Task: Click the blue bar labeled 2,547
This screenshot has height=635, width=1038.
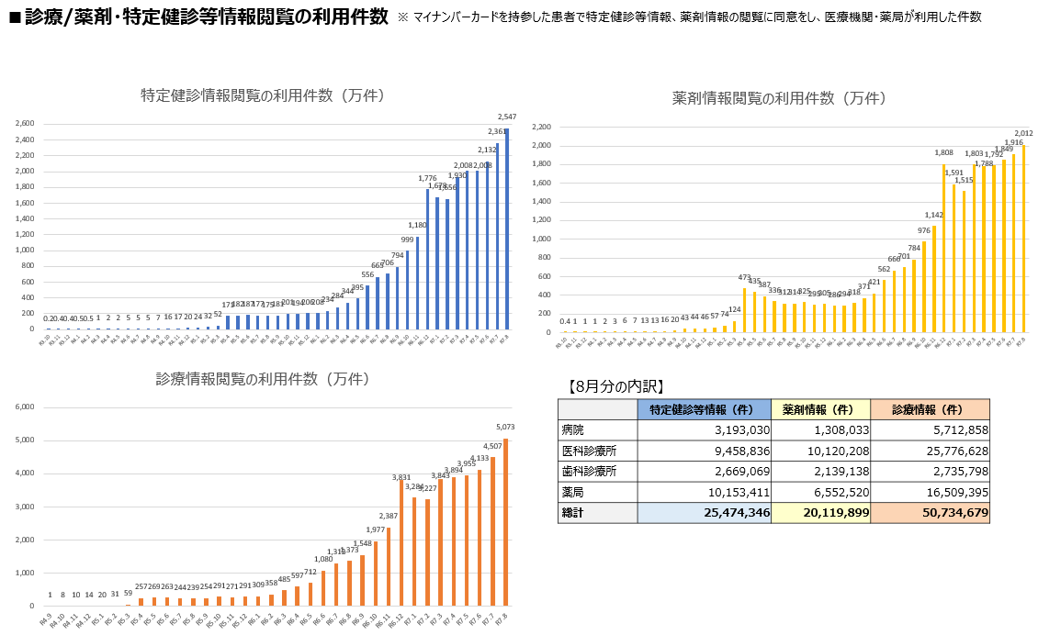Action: pos(506,228)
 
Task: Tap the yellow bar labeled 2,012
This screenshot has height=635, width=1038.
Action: pos(1023,238)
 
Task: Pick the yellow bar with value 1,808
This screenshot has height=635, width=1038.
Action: pos(943,248)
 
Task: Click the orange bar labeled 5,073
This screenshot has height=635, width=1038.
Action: pos(505,522)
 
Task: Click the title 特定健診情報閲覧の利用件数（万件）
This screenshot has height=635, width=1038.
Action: pos(263,95)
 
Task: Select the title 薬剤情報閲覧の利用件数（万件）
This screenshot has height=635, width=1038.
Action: pos(778,98)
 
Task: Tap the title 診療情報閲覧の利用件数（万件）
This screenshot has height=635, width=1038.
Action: pos(263,379)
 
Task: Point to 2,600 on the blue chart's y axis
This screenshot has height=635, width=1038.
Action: pos(26,123)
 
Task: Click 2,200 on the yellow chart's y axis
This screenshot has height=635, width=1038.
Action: pos(540,127)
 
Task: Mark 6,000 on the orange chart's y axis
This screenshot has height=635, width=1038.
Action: pos(25,407)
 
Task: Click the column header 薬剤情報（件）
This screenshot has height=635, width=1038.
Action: pos(820,410)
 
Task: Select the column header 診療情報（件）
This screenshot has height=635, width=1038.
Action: pos(930,410)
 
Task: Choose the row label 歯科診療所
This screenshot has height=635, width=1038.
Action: pos(588,471)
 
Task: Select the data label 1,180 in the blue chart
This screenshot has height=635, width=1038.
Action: pos(417,225)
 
